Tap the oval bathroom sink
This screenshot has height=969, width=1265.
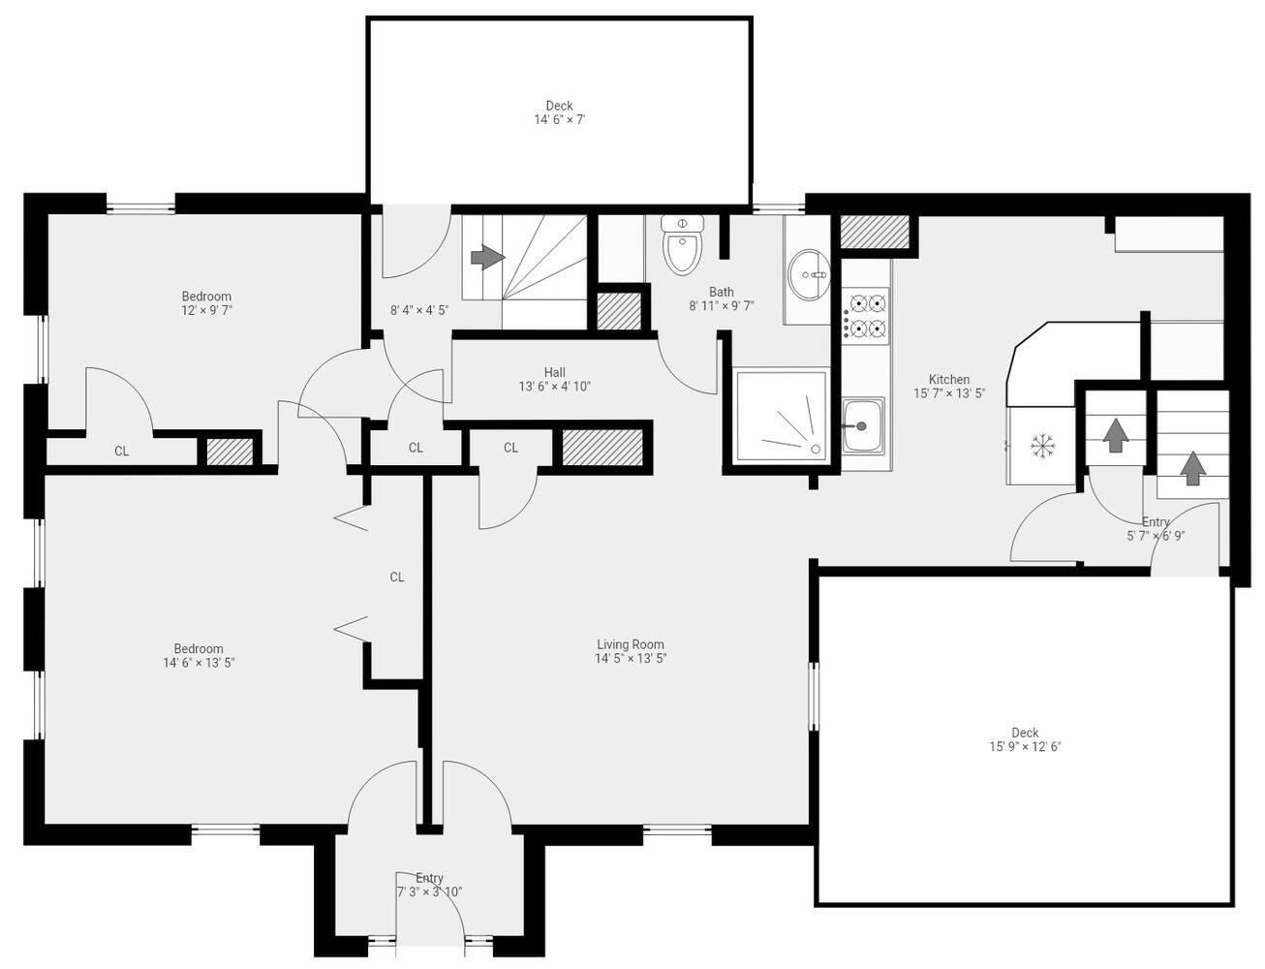tap(809, 275)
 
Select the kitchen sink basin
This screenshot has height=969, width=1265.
tap(862, 425)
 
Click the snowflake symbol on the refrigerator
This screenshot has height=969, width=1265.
tap(1042, 445)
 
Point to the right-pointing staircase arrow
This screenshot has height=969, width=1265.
tap(487, 256)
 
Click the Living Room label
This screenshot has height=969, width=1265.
tap(630, 644)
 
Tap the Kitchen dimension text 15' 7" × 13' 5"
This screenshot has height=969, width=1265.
tap(949, 393)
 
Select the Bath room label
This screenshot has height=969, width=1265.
tap(722, 292)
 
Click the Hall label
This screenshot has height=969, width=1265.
tap(554, 372)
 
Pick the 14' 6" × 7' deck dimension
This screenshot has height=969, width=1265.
tap(560, 119)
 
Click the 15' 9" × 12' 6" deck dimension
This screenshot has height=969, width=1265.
tap(1025, 746)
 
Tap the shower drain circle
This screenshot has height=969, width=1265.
tap(815, 449)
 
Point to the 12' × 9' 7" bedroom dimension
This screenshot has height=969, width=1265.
tap(206, 310)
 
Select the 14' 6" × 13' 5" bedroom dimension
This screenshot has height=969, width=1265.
tap(199, 662)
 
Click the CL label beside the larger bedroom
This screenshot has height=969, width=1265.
tap(397, 577)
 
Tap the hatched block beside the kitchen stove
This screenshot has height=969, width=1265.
tap(875, 232)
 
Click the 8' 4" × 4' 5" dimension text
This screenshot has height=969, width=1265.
tap(419, 310)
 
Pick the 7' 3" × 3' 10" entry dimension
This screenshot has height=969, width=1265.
tap(429, 891)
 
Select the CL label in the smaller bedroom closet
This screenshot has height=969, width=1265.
tap(122, 451)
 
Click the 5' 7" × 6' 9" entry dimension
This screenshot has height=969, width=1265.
tap(1156, 536)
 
